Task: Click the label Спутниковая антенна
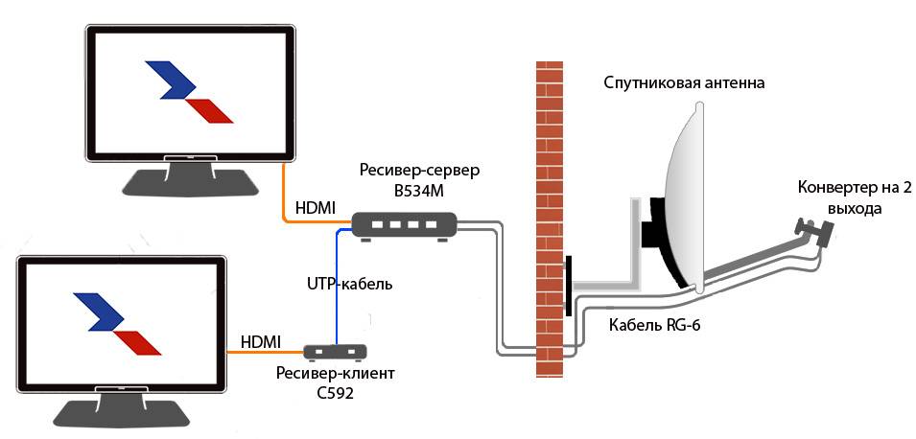pyautogui.click(x=684, y=83)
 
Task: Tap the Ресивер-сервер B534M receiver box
pyautogui.click(x=402, y=225)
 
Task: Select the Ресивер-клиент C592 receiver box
pyautogui.click(x=337, y=352)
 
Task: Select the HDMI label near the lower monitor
pyautogui.click(x=259, y=341)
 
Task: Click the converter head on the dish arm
pyautogui.click(x=810, y=230)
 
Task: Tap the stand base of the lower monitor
pyautogui.click(x=121, y=411)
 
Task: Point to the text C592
pyautogui.click(x=323, y=391)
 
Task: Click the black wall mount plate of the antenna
pyautogui.click(x=569, y=286)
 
